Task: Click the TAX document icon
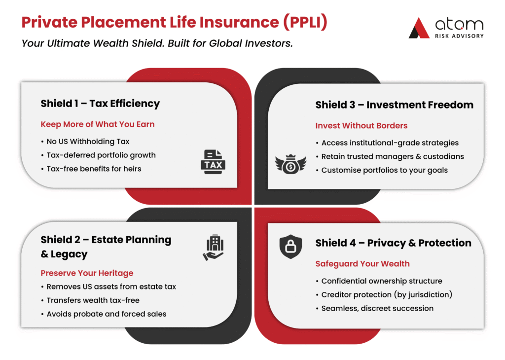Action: coord(213,162)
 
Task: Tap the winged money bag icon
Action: coord(290,164)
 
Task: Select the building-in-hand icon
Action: coord(213,247)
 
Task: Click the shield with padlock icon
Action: coord(290,247)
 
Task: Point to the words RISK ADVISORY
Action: coord(459,36)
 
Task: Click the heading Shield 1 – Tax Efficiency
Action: coord(100,104)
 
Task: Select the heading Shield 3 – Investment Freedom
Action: coord(394,105)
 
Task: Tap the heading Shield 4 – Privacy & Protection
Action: coord(393,243)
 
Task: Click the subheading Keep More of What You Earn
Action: coord(98,124)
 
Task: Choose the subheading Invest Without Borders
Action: coord(361,126)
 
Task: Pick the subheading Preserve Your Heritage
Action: coord(87,273)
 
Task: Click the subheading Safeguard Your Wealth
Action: coord(362,264)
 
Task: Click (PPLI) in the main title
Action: coord(305,22)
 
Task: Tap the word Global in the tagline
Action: coord(225,43)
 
